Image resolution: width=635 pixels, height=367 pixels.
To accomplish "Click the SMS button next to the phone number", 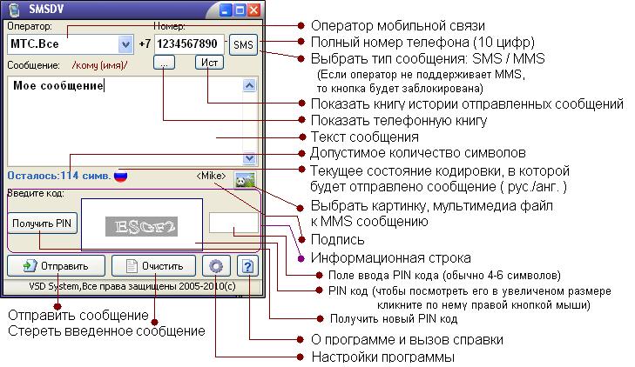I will coord(244,44).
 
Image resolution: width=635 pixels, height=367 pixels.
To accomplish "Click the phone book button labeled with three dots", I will coord(166,63).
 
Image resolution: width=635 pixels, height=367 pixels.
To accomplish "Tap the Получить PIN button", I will coord(43,223).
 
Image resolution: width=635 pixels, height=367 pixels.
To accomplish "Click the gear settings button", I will coord(215,266).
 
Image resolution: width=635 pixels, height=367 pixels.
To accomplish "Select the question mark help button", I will coord(248,266).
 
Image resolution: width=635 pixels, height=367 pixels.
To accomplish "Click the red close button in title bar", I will coord(253,11).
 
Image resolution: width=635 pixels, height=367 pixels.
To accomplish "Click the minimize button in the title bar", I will coord(224,11).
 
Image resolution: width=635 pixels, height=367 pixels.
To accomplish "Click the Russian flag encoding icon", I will coord(121,175).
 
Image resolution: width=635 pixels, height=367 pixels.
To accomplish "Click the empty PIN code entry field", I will coord(233,223).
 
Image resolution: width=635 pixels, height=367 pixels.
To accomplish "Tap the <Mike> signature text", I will coord(211,176).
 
